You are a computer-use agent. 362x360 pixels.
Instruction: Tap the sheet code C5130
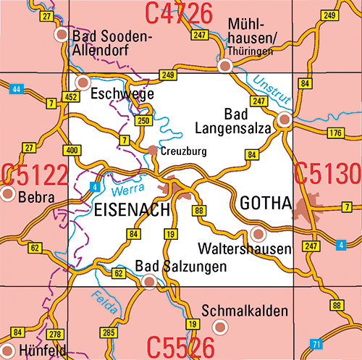[x=327, y=175]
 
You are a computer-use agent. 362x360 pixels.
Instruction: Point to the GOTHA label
[x=264, y=202]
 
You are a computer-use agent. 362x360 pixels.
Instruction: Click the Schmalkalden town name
[x=244, y=311]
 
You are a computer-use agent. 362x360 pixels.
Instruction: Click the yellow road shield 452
[x=71, y=97]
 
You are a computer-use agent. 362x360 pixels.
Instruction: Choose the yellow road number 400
[x=71, y=150]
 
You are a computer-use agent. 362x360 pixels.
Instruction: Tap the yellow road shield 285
[x=108, y=332]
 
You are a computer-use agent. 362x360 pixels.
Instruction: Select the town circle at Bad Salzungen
[x=148, y=282]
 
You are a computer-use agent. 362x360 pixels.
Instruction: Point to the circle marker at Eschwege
[x=83, y=82]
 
